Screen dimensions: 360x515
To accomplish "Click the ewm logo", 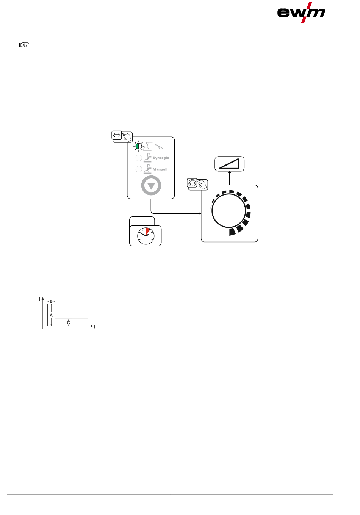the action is (301, 13).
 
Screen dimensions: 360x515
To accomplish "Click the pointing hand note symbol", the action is (24, 45).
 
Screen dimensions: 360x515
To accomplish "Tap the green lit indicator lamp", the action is (139, 146).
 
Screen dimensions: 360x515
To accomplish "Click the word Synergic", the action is (161, 158).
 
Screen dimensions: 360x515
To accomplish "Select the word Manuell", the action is (160, 169).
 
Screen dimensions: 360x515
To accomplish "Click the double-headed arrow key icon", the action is (117, 135).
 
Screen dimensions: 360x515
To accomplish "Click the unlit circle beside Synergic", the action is (139, 158).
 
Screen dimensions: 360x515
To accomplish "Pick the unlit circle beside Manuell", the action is (139, 169).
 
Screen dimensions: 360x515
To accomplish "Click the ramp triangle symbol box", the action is (230, 164).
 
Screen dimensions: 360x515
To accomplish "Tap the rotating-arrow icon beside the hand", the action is (192, 183).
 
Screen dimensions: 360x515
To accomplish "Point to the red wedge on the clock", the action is (147, 231).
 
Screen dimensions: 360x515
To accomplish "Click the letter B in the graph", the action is (51, 301).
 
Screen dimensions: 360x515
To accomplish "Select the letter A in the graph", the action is (51, 315).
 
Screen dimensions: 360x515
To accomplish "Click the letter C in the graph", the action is (69, 323).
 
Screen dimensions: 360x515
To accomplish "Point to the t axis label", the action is (95, 327).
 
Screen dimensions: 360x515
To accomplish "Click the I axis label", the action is (39, 299).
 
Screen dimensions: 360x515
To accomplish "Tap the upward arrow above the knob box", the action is (230, 173).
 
